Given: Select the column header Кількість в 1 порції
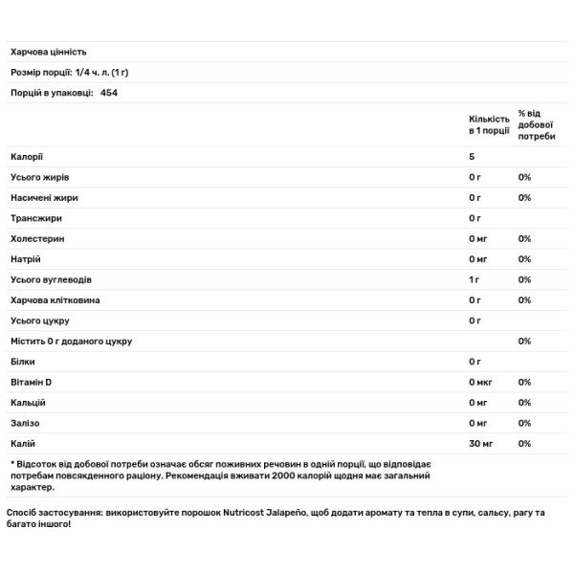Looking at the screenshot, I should tap(489, 123).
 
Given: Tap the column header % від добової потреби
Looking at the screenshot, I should tap(536, 123).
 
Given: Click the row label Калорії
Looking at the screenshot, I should tap(26, 156).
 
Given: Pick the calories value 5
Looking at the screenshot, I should tap(472, 156).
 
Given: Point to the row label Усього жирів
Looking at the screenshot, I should tap(39, 177).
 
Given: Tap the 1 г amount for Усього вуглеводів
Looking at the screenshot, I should tap(475, 279).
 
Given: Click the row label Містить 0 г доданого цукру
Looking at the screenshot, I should tap(71, 341).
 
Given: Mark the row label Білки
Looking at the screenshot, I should tap(23, 362).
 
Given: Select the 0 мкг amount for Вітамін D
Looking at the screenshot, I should tap(481, 382).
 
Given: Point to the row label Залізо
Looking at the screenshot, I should tap(26, 423).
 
